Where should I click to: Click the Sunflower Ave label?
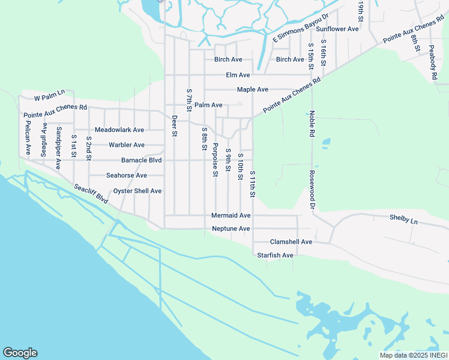click(x=337, y=29)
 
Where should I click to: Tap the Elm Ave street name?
click(x=238, y=75)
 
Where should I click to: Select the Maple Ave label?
click(x=252, y=89)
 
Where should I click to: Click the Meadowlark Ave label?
click(x=119, y=130)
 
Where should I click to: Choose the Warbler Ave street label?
click(x=127, y=145)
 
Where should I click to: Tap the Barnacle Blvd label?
click(x=142, y=160)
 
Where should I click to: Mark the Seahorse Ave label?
click(x=127, y=175)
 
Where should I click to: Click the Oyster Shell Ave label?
click(x=137, y=191)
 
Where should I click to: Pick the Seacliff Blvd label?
click(x=91, y=194)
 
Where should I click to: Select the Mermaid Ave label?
click(x=231, y=215)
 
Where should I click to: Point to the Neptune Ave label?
click(x=231, y=229)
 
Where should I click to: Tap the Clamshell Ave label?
click(x=291, y=242)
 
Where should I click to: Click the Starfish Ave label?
click(x=275, y=255)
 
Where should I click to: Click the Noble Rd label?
click(x=312, y=124)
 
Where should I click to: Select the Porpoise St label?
click(x=215, y=159)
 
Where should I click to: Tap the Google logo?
click(x=20, y=353)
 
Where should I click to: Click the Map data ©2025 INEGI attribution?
click(x=413, y=355)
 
